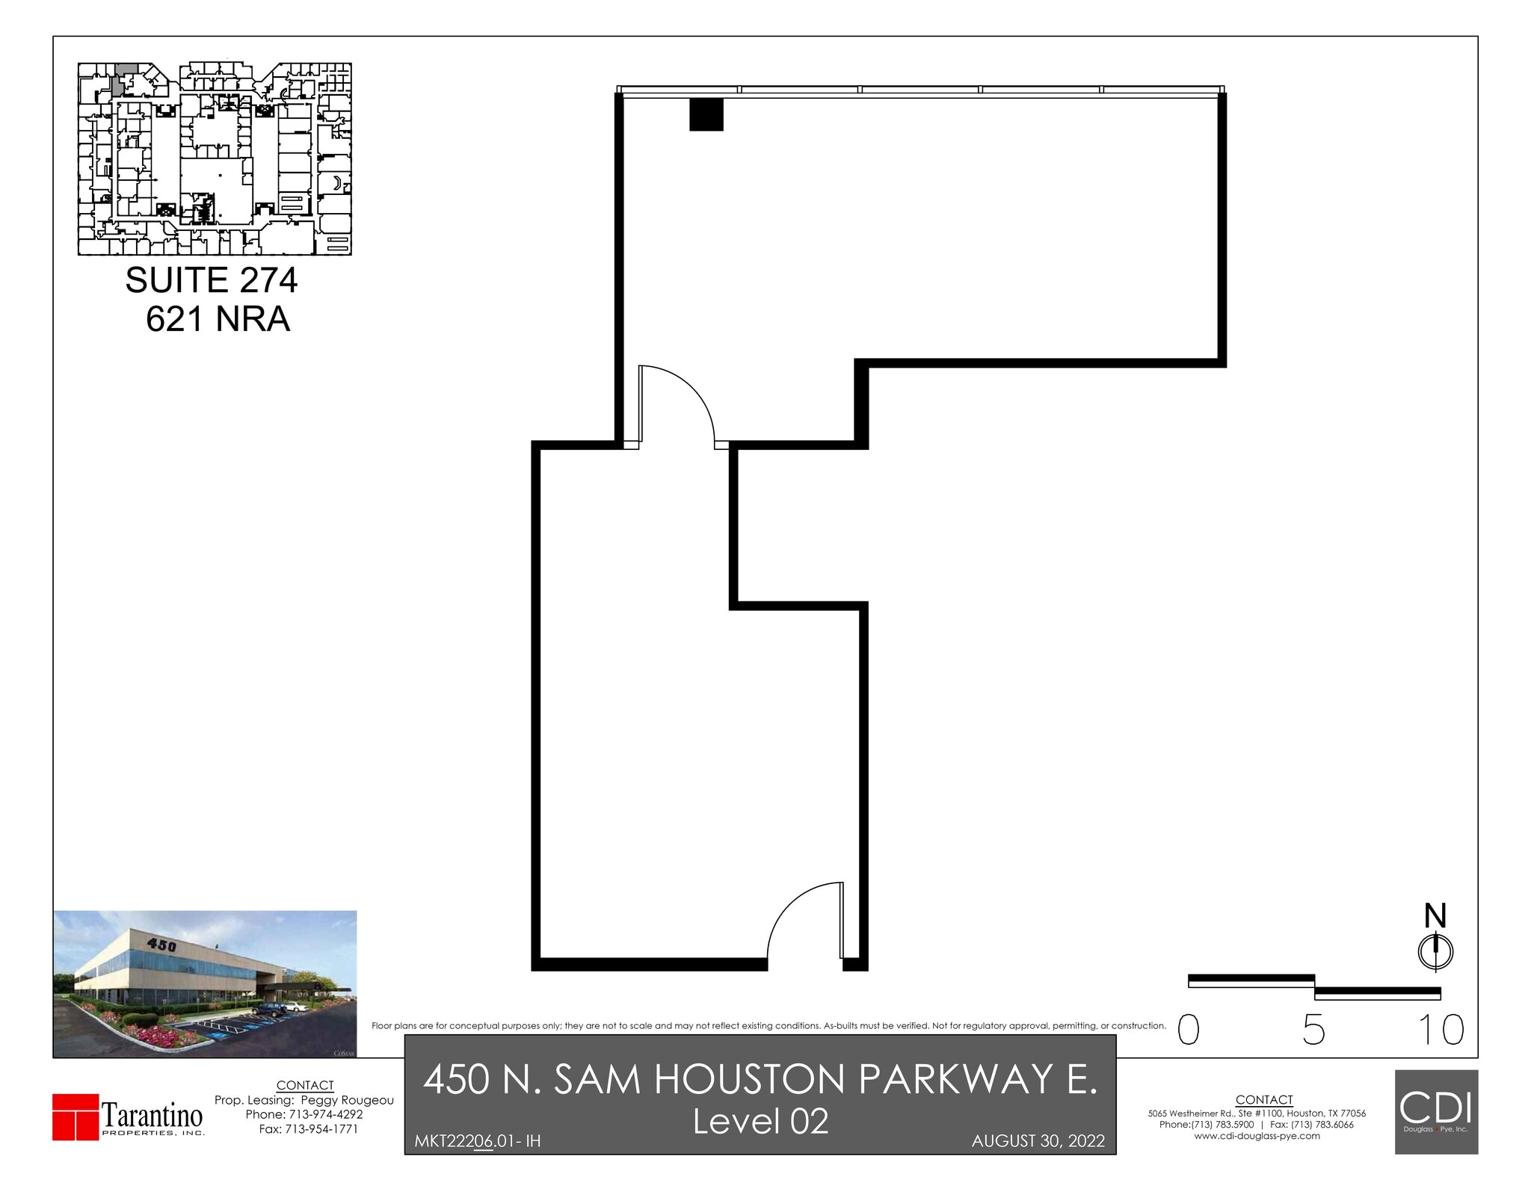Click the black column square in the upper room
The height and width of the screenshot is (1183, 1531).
(706, 114)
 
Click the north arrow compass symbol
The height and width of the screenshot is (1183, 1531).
(1435, 952)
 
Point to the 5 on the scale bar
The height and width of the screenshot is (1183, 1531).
(1313, 1030)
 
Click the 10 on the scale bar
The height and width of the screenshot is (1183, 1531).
(1441, 1030)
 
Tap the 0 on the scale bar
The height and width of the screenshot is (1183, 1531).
(1189, 1030)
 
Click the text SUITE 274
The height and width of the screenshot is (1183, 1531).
(211, 280)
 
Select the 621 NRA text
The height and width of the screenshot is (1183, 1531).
(218, 319)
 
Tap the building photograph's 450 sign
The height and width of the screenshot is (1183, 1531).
(161, 945)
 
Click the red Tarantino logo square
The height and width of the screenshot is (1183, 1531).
(76, 1117)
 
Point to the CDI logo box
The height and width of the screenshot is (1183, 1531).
(1436, 1111)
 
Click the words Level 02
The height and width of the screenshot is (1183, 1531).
(760, 1121)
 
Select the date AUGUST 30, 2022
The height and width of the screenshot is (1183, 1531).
(1038, 1141)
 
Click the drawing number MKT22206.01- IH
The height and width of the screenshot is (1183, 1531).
(477, 1141)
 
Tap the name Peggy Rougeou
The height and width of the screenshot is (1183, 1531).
(347, 1100)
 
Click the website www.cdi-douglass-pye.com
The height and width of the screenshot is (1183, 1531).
(1257, 1136)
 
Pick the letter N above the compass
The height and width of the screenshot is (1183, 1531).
(1435, 915)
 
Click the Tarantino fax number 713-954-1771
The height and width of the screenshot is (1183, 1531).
(321, 1128)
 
